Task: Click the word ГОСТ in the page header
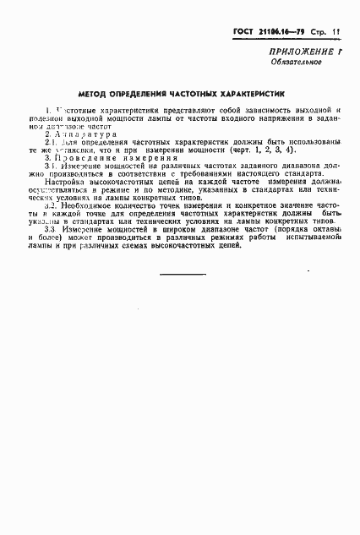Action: tap(245, 31)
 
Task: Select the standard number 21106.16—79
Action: tap(282, 31)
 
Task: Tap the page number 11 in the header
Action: tap(336, 31)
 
